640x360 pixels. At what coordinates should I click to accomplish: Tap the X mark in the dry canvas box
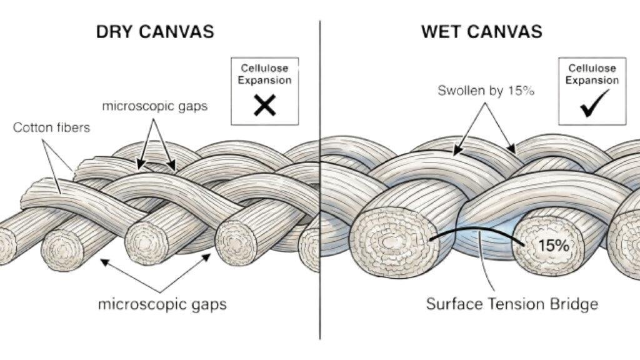pyautogui.click(x=264, y=106)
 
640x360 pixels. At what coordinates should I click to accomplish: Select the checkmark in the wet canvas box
pyautogui.click(x=591, y=106)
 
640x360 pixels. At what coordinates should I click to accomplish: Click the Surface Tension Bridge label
pyautogui.click(x=512, y=304)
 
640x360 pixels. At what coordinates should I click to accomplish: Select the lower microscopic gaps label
pyautogui.click(x=162, y=305)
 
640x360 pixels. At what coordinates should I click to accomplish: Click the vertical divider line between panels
pyautogui.click(x=320, y=187)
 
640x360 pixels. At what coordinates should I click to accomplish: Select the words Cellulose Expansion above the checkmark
pyautogui.click(x=591, y=74)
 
